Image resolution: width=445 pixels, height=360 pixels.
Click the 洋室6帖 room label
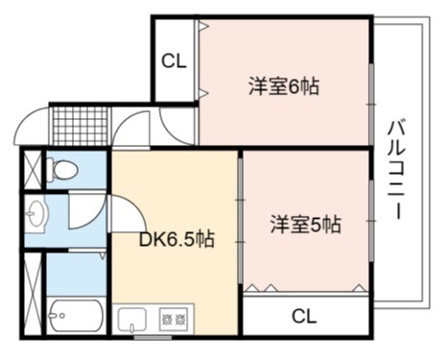point(284,86)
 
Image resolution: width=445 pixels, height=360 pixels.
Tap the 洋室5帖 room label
point(306,225)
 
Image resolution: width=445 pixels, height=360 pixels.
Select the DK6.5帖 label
point(176,239)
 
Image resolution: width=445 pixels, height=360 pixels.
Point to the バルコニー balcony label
point(397,169)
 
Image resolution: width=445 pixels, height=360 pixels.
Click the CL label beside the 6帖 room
point(174,60)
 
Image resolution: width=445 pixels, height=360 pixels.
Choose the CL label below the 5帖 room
point(304,316)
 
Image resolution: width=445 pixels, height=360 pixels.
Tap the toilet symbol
point(62,169)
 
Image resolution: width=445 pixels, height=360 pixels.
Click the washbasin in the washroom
point(35,213)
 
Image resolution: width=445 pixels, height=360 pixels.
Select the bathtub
point(76,316)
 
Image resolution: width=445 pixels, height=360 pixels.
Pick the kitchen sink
point(132,319)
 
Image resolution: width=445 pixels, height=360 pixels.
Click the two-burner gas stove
point(174,319)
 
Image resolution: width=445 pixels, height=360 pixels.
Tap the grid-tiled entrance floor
point(80,126)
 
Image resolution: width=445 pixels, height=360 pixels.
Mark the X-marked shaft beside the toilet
point(33,169)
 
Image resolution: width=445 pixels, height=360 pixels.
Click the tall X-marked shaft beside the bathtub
point(33,294)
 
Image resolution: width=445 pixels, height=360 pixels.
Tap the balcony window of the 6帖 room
point(371,105)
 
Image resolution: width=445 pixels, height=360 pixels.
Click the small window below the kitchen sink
point(152,337)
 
